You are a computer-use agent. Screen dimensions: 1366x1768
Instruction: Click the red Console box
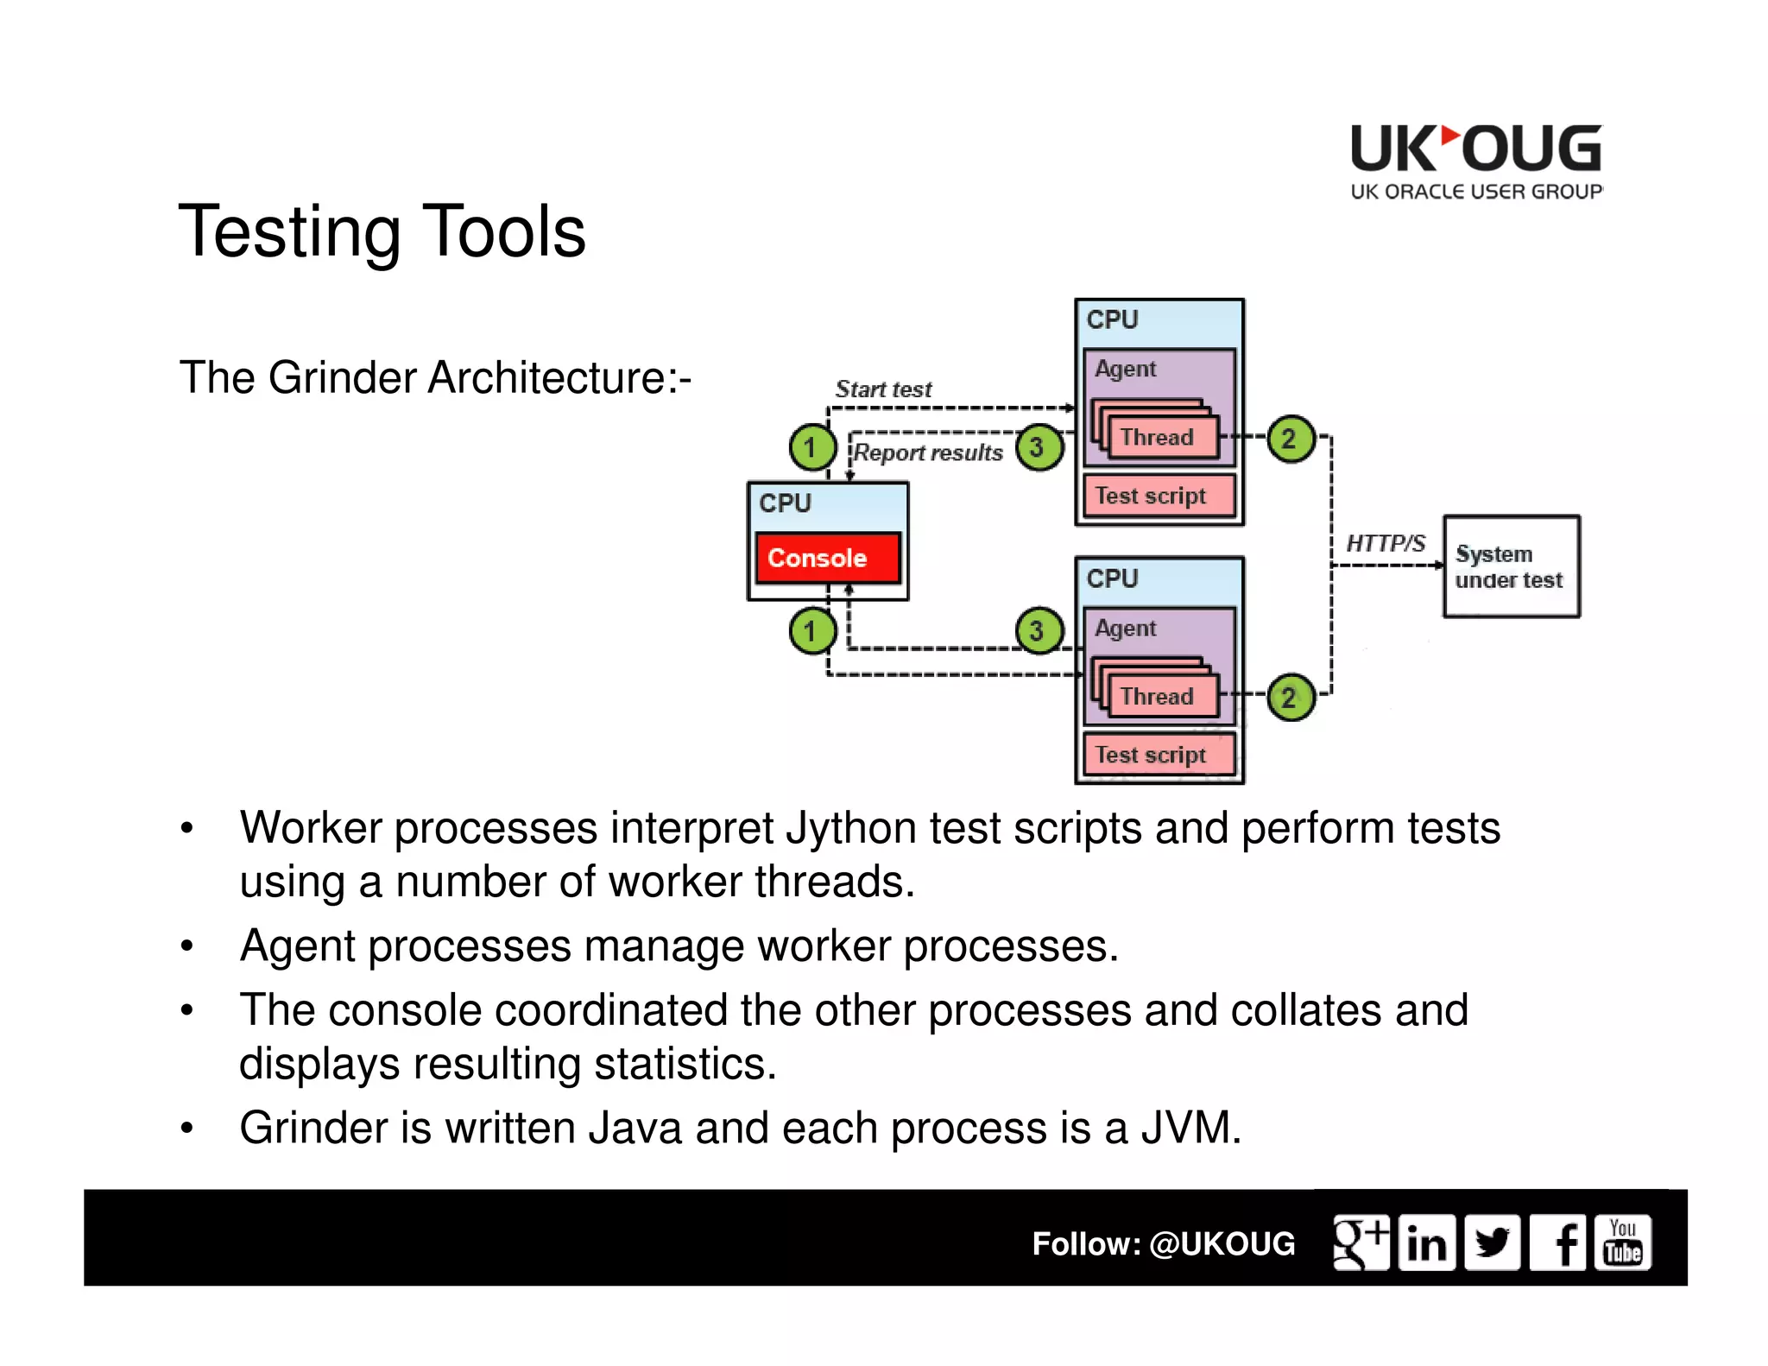point(827,558)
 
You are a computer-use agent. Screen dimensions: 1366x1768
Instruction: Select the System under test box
point(1511,566)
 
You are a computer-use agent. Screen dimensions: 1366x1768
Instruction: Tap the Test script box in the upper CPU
point(1159,496)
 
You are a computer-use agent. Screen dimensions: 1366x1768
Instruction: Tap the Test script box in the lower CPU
point(1159,755)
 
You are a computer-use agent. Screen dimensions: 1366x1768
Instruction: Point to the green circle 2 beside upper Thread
point(1291,439)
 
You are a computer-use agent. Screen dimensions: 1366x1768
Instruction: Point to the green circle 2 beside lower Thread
point(1291,697)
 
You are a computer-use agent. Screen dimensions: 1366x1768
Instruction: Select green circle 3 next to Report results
point(1039,447)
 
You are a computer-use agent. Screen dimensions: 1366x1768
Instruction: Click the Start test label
point(883,389)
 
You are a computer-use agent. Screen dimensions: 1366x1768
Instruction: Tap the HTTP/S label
point(1386,543)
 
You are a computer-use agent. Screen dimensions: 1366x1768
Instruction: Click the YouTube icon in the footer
point(1622,1243)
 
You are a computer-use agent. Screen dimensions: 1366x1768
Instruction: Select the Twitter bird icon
point(1492,1243)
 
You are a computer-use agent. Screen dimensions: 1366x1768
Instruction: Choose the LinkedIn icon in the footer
point(1426,1243)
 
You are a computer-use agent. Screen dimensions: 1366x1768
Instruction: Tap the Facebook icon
point(1558,1243)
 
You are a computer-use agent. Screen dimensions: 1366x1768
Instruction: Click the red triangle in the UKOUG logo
point(1450,136)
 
